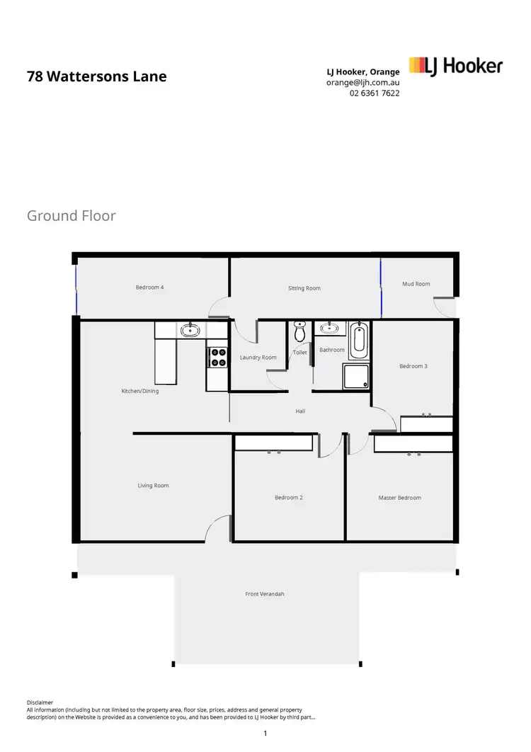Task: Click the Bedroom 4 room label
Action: (150, 287)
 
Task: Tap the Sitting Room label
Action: (304, 288)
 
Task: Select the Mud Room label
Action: (416, 284)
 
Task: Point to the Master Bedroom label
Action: (399, 498)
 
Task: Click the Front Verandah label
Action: (265, 594)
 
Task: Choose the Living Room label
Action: (153, 486)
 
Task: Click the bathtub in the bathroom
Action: (359, 341)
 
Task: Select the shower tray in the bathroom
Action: (356, 376)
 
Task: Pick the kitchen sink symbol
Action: (189, 329)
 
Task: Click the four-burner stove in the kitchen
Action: (217, 356)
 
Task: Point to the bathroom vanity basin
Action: (329, 329)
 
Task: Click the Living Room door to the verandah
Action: (219, 528)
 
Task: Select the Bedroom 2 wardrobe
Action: (273, 443)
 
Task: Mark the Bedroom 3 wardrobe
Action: (426, 424)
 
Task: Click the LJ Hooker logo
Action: (456, 67)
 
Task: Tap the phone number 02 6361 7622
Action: (375, 93)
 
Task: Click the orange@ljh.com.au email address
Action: (362, 82)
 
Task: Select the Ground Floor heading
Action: (71, 215)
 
